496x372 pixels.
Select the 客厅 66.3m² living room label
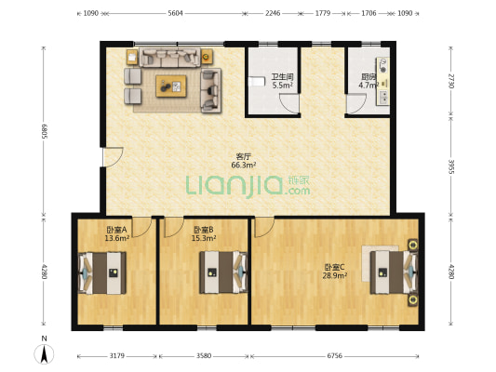pos(244,161)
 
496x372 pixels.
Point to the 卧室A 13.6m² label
pos(116,233)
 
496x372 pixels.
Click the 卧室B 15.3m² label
pos(204,233)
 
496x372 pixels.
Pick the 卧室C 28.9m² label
pos(335,272)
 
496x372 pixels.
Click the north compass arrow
pos(45,354)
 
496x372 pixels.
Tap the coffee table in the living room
pos(171,86)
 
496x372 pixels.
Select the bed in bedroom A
pos(102,272)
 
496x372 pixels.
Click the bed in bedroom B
pos(223,272)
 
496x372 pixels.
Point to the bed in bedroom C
pos(395,272)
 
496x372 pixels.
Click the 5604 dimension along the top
pos(175,13)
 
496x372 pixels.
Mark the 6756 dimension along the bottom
pos(335,356)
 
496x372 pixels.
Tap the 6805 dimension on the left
pos(45,131)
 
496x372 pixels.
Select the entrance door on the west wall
pos(113,157)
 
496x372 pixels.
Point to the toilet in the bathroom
pos(257,82)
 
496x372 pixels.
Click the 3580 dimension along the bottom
pos(204,356)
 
